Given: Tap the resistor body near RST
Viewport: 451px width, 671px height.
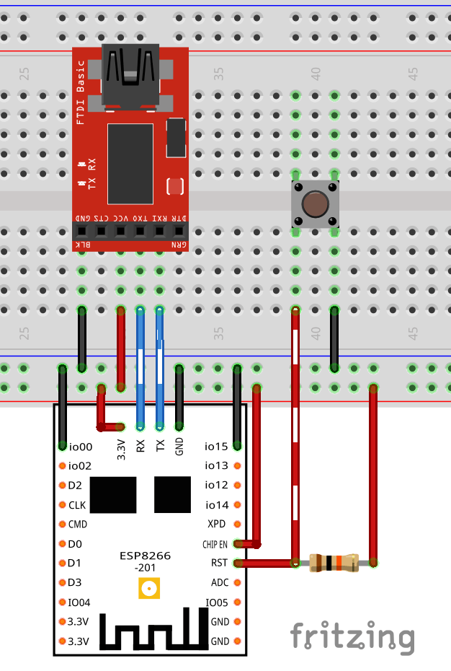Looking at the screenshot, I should (x=333, y=563).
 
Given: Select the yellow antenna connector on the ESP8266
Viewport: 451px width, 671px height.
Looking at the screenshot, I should (x=149, y=589).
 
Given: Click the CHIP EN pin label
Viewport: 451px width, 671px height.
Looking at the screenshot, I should (x=214, y=544).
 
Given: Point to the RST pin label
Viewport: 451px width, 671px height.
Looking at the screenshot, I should (x=219, y=563).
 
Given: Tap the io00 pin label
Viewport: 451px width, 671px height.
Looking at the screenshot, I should (x=80, y=447).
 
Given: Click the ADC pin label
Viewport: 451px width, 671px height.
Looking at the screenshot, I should (x=220, y=582).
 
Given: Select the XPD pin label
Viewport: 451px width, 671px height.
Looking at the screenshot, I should (x=216, y=524).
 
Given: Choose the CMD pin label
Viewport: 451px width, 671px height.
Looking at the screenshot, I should (x=78, y=525).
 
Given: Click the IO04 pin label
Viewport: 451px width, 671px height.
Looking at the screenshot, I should (x=79, y=602).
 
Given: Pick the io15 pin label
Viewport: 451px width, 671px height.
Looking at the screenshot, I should (x=216, y=447).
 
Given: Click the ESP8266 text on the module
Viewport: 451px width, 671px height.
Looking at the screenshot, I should (x=145, y=556).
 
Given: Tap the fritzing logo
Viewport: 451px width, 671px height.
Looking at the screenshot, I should (x=352, y=637).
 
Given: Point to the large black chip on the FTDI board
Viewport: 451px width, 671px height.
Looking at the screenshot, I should (x=130, y=164).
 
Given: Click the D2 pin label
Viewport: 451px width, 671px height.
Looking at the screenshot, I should (x=75, y=486).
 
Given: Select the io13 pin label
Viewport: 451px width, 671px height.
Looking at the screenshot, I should (x=216, y=466).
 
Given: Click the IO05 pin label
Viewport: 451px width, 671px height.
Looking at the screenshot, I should (x=217, y=602).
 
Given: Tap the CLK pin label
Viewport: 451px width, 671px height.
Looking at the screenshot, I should (x=77, y=505).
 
